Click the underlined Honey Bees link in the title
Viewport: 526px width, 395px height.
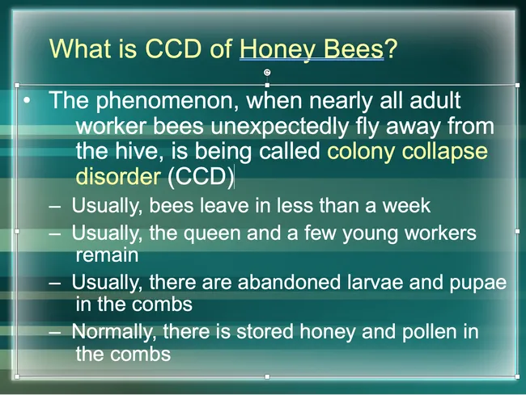tap(311, 48)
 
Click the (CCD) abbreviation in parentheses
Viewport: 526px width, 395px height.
tap(199, 176)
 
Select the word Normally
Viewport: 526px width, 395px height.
tap(112, 332)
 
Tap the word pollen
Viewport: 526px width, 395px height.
tap(432, 332)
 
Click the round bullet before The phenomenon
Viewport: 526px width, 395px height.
tap(28, 103)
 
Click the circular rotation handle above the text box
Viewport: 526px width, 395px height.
tap(267, 72)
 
